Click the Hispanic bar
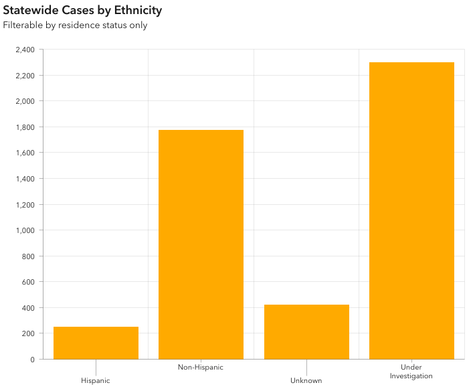(x=96, y=343)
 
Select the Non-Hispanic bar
(x=201, y=244)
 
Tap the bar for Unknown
(x=306, y=332)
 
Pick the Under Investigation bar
(x=411, y=211)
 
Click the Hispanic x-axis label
(x=96, y=380)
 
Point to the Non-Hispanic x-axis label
(x=201, y=367)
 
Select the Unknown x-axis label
(x=306, y=380)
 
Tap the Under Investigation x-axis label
(x=411, y=372)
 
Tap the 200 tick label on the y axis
(x=27, y=333)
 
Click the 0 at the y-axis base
(x=32, y=360)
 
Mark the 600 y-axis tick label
(x=27, y=282)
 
